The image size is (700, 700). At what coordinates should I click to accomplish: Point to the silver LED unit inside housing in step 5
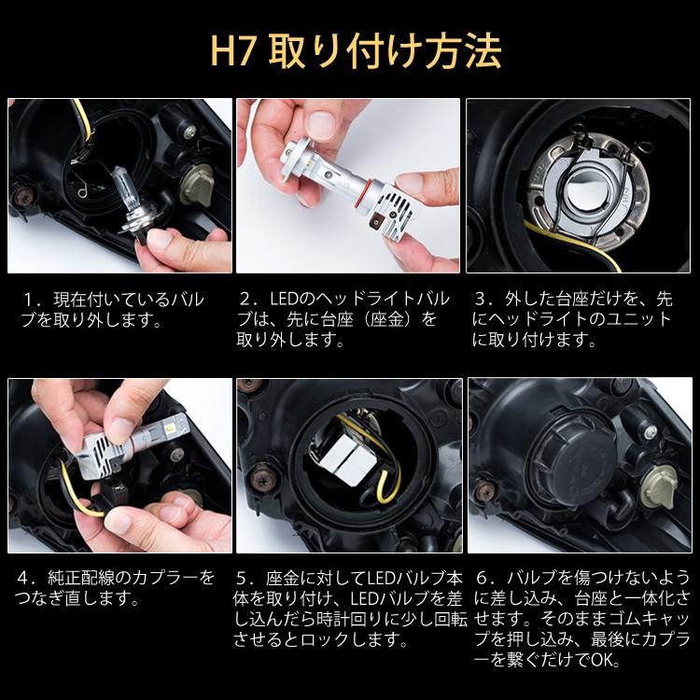pyautogui.click(x=348, y=464)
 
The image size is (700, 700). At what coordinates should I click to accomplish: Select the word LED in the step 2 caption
pyautogui.click(x=284, y=300)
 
